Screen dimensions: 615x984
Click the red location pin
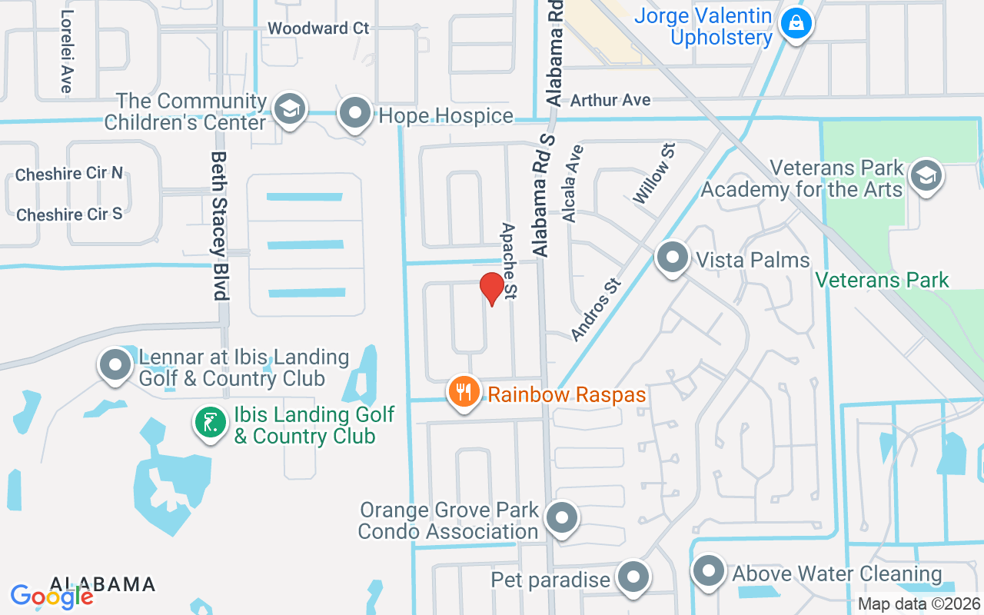(492, 288)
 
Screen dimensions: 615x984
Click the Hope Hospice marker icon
(355, 114)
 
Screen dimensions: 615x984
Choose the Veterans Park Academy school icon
(926, 177)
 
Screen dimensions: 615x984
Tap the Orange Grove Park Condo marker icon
(562, 519)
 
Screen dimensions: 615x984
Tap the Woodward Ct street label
(318, 28)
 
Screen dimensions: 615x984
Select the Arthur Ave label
(610, 100)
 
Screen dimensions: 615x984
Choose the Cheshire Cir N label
(69, 174)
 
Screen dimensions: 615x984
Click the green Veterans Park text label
(882, 280)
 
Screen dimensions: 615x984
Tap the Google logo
(52, 596)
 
